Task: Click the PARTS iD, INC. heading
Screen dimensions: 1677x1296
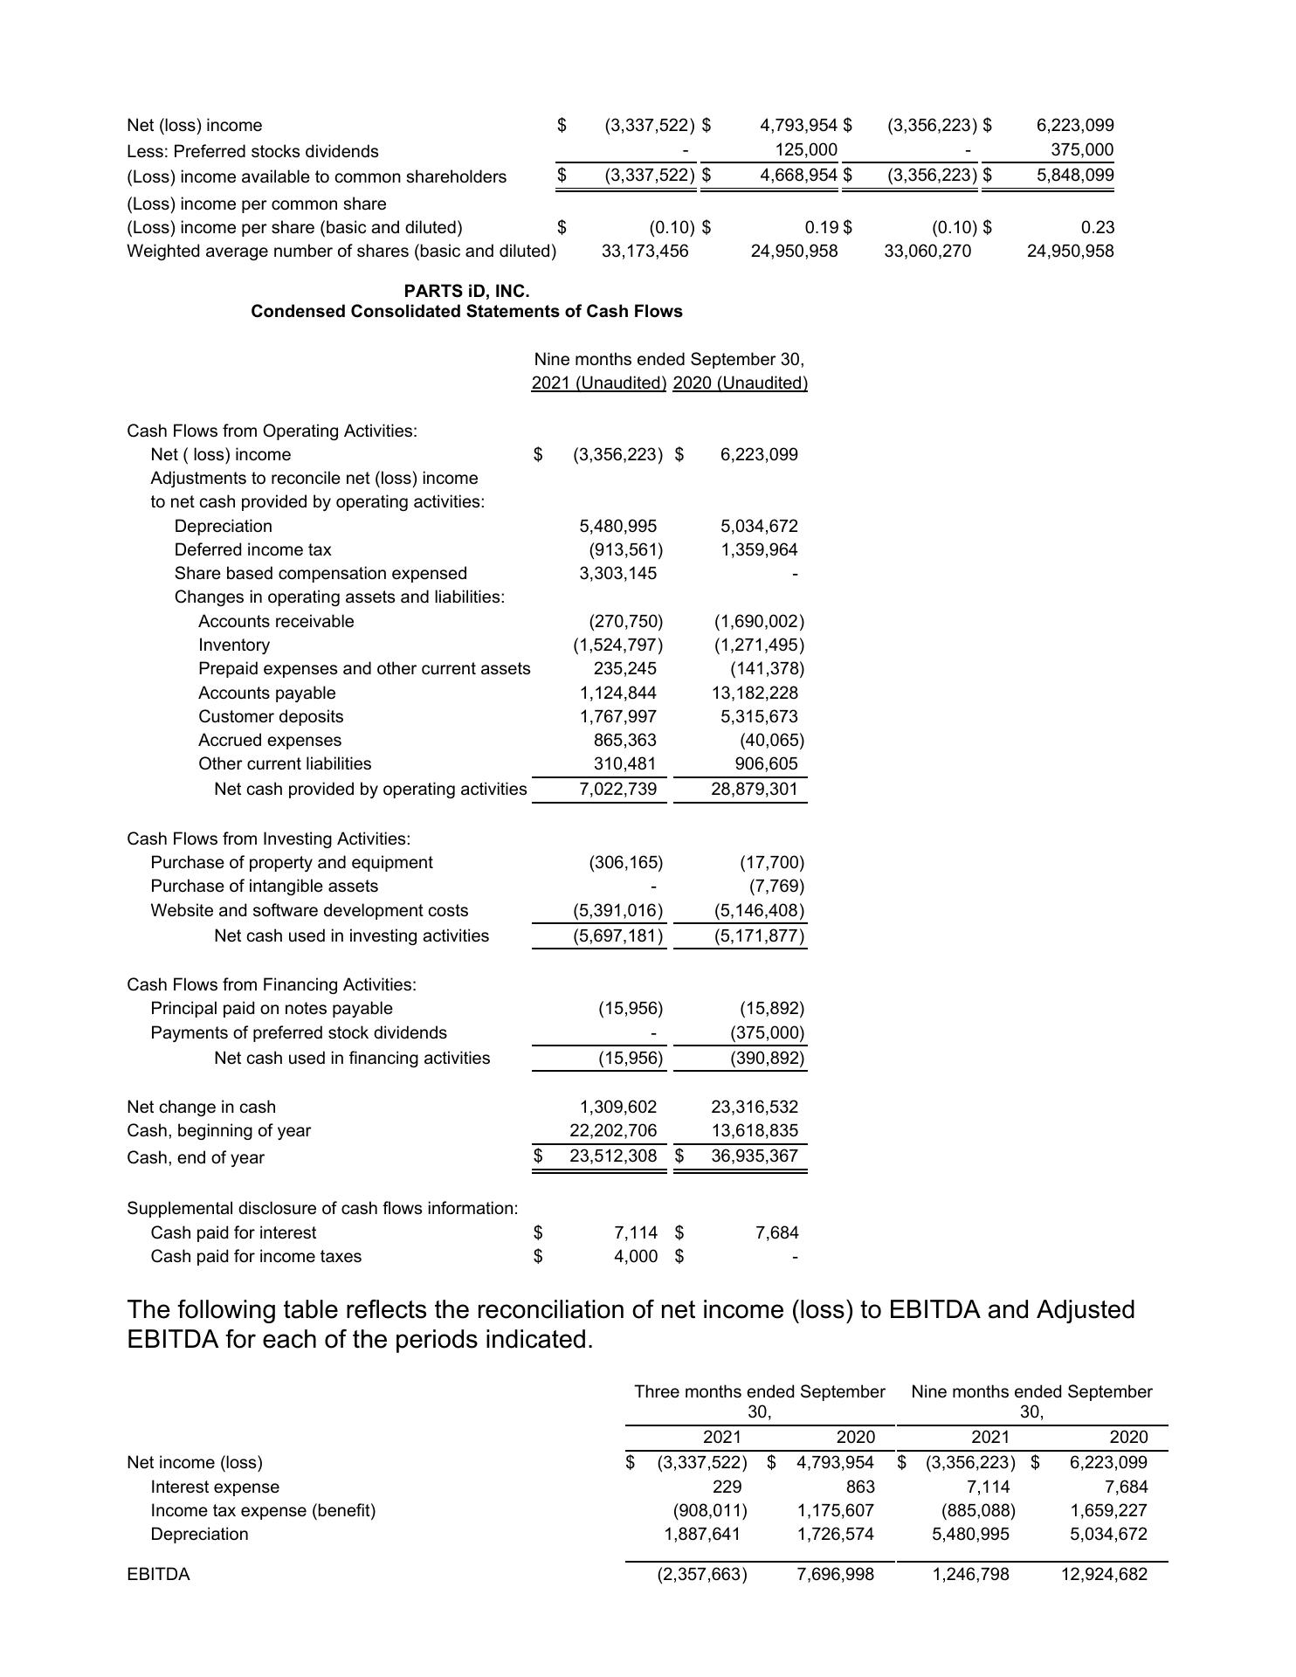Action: pos(466,291)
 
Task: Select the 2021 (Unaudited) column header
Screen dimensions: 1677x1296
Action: pos(599,383)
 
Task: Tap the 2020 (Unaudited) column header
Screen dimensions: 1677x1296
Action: pos(741,383)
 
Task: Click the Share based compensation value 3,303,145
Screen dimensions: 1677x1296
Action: pos(617,574)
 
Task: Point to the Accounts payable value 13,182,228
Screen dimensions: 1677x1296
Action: pos(755,694)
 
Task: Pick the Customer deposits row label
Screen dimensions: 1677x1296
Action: pos(271,717)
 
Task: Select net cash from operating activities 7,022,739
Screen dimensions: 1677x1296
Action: pos(617,790)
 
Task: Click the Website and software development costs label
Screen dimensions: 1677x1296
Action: pos(309,911)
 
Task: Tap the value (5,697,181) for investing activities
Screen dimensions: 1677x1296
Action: pos(617,936)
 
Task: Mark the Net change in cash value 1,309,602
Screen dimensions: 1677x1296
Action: pos(617,1108)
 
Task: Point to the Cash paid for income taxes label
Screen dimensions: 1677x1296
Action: pos(256,1257)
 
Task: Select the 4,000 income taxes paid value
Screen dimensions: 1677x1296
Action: pos(636,1257)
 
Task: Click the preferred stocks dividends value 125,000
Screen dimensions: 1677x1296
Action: pos(806,150)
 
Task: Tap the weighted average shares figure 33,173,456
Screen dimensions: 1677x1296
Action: pos(645,252)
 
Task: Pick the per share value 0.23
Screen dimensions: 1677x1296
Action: pos(1097,228)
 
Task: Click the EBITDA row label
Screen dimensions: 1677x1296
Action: pos(158,1575)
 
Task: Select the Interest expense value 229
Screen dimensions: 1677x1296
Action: pos(727,1487)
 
